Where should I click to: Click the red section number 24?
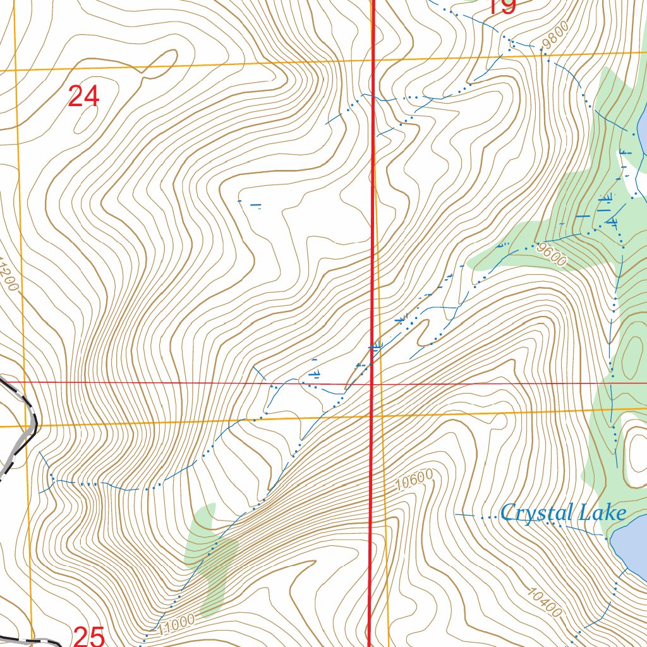point(83,97)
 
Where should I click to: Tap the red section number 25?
point(88,636)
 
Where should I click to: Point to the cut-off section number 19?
point(502,6)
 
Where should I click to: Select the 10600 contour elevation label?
point(414,483)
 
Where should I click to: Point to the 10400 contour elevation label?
point(543,602)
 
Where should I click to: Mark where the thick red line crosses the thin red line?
point(372,383)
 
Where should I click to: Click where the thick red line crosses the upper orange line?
point(373,59)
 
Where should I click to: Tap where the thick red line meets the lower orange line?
point(371,416)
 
